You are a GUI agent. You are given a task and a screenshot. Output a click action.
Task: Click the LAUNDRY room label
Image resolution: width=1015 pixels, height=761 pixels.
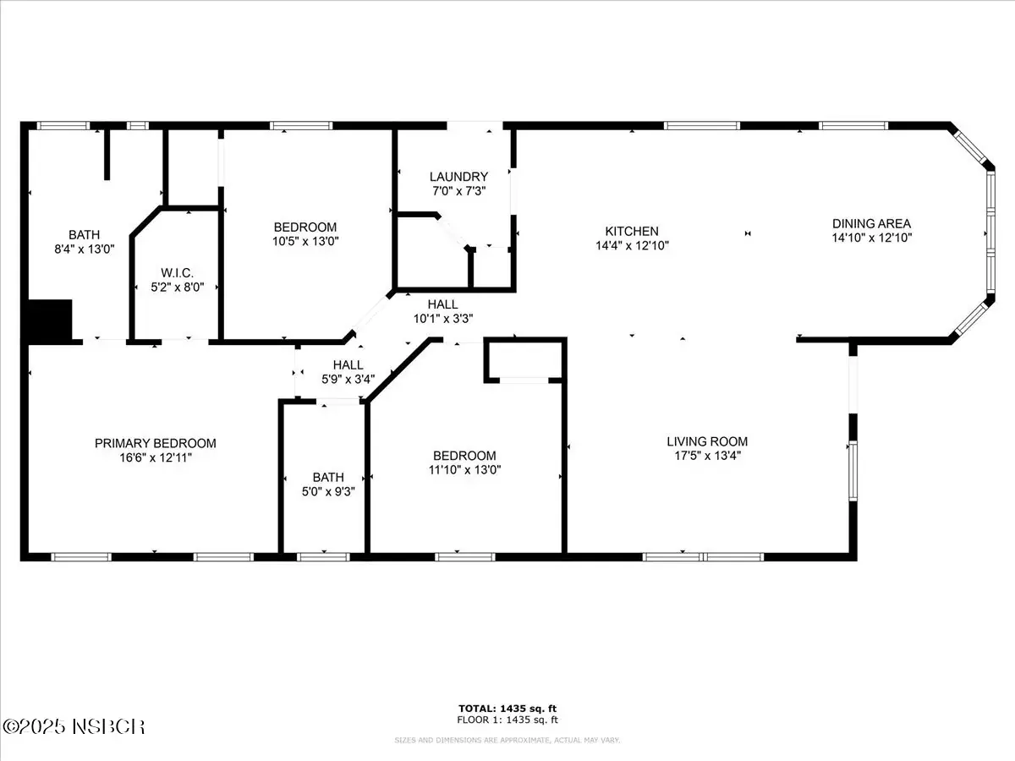click(x=458, y=177)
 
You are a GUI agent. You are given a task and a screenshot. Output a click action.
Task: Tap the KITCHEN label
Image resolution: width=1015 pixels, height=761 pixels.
click(x=632, y=231)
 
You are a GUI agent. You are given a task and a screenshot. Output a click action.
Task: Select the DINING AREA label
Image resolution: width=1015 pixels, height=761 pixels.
click(x=872, y=223)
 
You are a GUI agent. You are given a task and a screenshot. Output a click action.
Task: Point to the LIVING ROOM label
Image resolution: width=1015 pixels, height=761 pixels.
click(x=707, y=441)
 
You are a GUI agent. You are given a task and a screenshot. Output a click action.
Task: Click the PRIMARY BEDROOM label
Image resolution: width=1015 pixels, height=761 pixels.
click(x=156, y=443)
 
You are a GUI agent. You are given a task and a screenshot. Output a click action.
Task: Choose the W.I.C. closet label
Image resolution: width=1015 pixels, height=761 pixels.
click(x=177, y=272)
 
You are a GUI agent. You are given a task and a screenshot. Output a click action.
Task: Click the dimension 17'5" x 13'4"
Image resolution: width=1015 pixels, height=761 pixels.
click(x=707, y=456)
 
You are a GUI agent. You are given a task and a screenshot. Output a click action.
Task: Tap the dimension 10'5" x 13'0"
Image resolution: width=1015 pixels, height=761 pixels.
click(x=305, y=241)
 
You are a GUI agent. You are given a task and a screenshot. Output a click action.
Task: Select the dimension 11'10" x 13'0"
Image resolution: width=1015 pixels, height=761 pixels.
click(x=464, y=470)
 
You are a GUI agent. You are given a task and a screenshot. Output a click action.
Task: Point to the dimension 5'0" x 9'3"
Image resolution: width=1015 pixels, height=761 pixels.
click(x=328, y=491)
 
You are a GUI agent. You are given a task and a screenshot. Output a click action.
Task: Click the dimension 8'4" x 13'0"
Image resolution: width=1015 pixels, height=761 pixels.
click(x=84, y=249)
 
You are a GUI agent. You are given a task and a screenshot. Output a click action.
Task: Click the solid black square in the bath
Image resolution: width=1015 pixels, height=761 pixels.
click(x=51, y=320)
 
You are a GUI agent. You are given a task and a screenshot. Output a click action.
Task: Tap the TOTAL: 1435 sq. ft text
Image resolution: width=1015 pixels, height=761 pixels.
click(x=507, y=709)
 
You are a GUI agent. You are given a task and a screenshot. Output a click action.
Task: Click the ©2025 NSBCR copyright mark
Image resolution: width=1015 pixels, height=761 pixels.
click(x=74, y=727)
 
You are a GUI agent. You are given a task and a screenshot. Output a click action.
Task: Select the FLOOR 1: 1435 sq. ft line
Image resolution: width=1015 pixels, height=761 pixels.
click(x=507, y=720)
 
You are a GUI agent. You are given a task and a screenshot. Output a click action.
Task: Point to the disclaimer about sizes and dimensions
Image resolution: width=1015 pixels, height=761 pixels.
click(x=507, y=740)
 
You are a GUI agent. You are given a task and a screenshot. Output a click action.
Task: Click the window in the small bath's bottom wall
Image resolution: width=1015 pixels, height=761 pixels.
click(x=323, y=557)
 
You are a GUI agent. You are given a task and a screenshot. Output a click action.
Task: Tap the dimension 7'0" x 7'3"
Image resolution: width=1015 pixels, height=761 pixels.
click(x=458, y=191)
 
